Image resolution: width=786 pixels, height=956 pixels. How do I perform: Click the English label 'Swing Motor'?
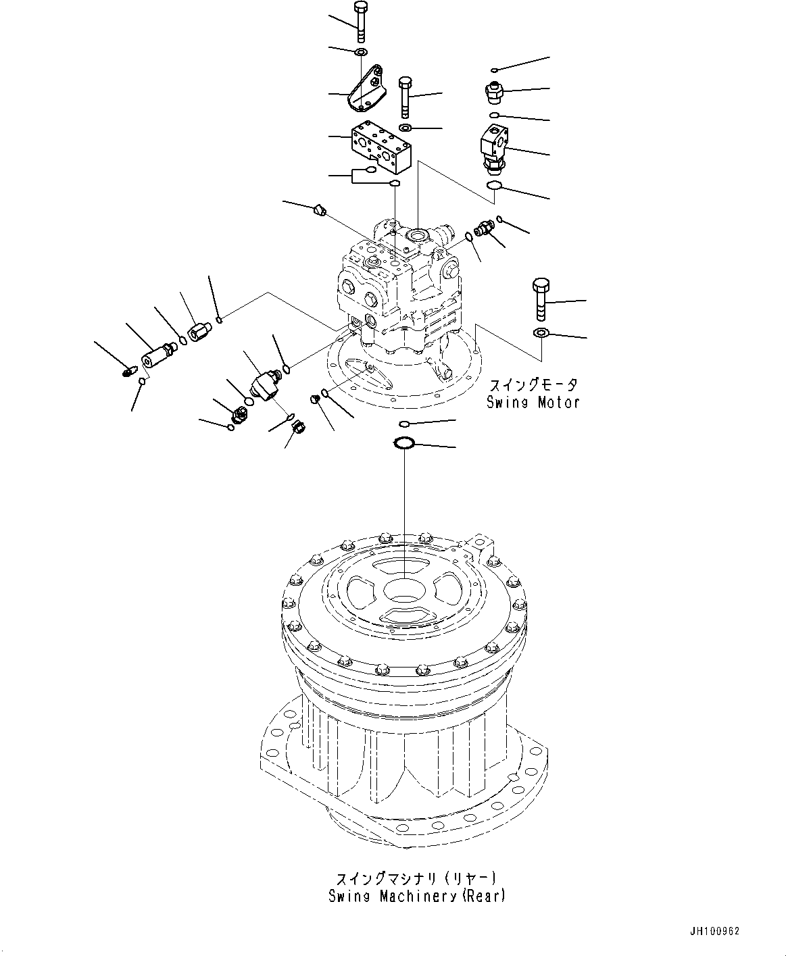[x=533, y=403]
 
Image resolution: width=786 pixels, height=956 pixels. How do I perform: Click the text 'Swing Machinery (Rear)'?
[x=416, y=897]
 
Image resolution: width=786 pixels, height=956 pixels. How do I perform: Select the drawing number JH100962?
[x=714, y=931]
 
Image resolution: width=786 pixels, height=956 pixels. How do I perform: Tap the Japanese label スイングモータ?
[x=533, y=385]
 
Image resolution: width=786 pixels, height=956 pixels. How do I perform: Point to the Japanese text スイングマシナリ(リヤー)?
[x=416, y=879]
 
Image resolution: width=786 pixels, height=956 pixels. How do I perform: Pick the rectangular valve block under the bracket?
[x=380, y=147]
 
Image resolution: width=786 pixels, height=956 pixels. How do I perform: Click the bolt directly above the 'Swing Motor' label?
[x=541, y=298]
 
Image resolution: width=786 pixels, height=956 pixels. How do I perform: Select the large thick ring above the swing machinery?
[x=403, y=443]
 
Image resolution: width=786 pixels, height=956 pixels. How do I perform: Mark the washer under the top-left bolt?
[x=361, y=52]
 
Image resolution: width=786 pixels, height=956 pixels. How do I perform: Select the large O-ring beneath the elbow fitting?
[x=495, y=186]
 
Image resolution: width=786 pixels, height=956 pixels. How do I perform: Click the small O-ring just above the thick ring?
[x=403, y=424]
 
